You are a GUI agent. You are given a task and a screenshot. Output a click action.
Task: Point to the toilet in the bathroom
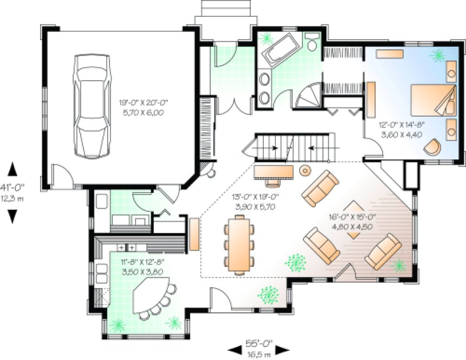point(311,42)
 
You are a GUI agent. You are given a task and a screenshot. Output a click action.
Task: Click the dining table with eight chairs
point(238,243)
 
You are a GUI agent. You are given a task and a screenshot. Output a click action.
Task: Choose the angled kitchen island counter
point(152,295)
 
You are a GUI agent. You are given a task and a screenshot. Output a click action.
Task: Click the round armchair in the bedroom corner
point(433,147)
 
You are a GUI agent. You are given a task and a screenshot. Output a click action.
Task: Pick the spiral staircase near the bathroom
point(312,97)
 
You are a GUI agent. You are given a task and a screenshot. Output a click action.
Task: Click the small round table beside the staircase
point(305,170)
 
